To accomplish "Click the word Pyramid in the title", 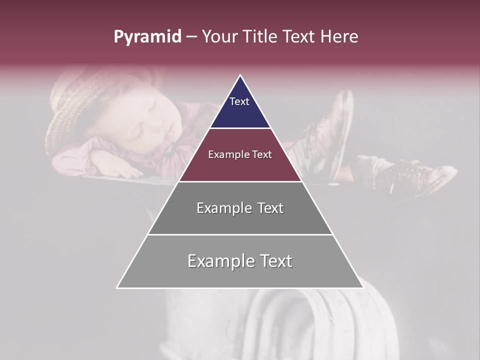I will (x=147, y=37).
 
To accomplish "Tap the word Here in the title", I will (x=338, y=37).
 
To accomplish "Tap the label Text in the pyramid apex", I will (x=239, y=101).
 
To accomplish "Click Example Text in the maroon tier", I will (x=240, y=154).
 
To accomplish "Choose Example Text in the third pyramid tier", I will (x=240, y=208).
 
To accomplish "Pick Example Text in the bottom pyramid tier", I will (x=240, y=261).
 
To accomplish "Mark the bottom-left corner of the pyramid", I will (x=117, y=287).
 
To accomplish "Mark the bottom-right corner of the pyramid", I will (x=363, y=287).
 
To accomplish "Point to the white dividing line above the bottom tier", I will (x=240, y=234).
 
